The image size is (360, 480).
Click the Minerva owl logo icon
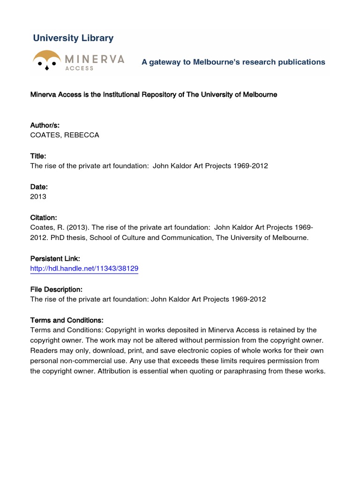[47, 60]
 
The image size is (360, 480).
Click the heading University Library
[73, 38]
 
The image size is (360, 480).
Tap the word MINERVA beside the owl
[95, 59]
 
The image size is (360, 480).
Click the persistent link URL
[84, 269]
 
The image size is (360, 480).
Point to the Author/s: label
[45, 125]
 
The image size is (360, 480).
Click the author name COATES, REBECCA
[65, 135]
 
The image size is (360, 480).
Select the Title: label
[38, 156]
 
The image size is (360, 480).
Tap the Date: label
[39, 187]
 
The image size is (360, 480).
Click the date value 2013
[38, 197]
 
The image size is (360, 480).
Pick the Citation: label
[44, 217]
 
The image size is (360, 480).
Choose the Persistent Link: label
[55, 259]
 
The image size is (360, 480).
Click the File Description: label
[56, 289]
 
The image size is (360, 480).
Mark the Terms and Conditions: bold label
[67, 320]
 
